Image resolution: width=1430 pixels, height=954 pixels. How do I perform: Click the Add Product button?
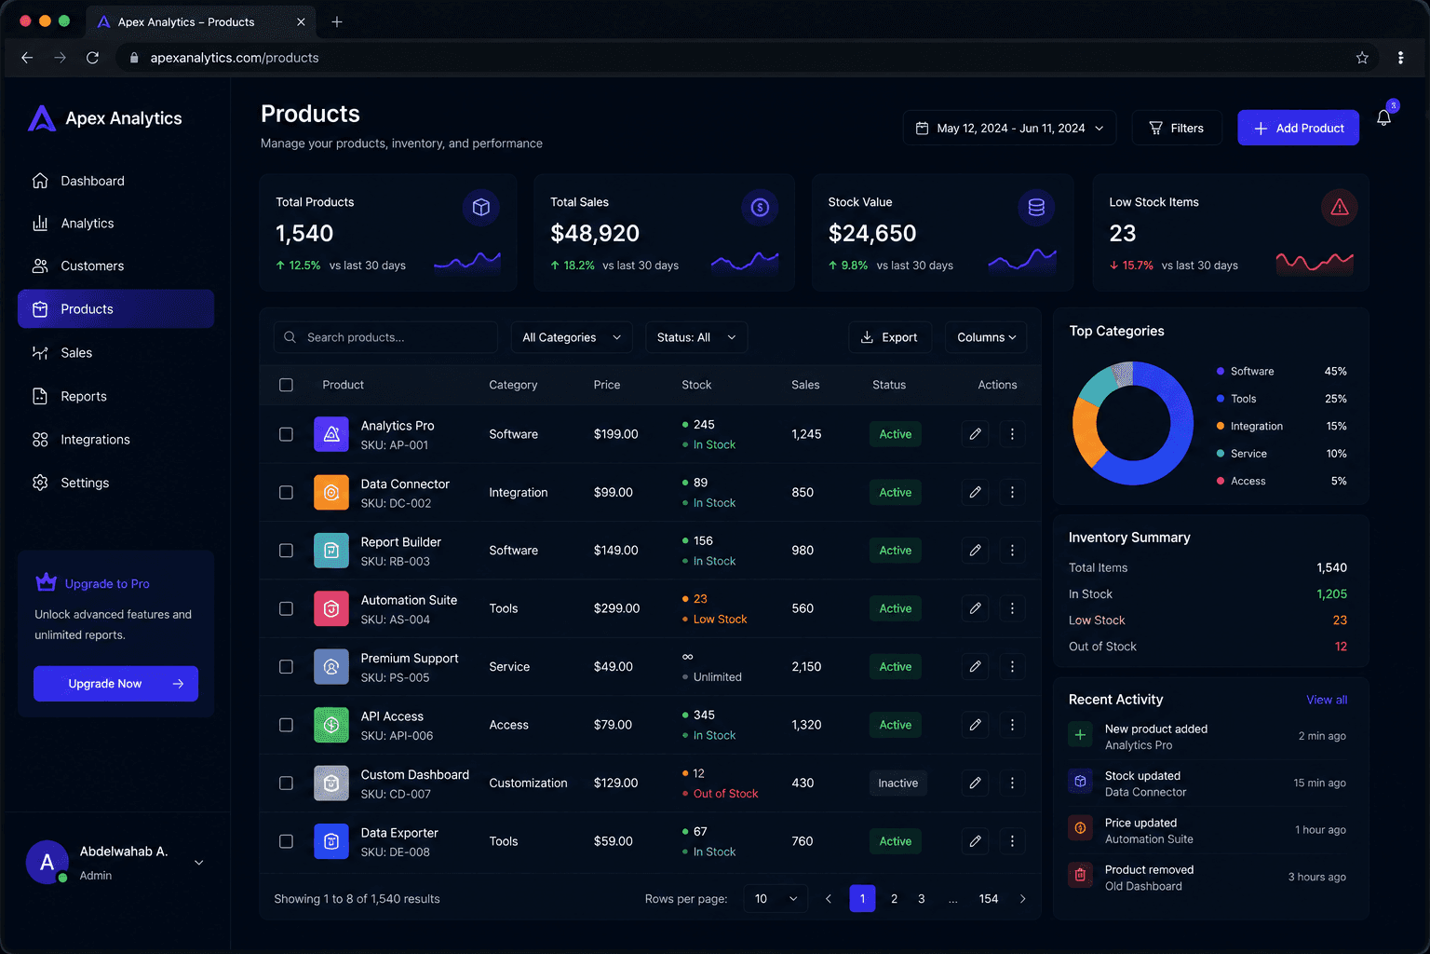click(x=1298, y=128)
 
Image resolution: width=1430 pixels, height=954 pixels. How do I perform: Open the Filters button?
click(x=1177, y=128)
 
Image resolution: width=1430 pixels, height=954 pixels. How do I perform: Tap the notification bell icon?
click(x=1383, y=118)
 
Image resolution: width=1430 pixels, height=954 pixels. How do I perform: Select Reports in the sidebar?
click(x=84, y=396)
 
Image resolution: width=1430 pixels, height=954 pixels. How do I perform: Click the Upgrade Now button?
click(x=115, y=684)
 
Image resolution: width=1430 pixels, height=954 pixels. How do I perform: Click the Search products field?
click(x=385, y=337)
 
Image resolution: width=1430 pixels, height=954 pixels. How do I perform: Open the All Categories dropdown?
click(x=572, y=337)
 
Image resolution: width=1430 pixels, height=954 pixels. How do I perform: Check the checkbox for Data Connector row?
click(x=286, y=493)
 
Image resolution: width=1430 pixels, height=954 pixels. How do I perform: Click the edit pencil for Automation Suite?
click(x=975, y=608)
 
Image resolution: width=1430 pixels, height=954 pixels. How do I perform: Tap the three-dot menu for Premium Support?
click(x=1012, y=666)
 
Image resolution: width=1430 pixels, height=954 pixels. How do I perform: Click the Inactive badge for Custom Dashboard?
click(x=897, y=783)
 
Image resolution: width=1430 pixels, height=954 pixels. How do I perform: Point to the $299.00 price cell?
click(x=616, y=608)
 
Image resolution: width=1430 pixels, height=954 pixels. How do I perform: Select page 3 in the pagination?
click(x=921, y=898)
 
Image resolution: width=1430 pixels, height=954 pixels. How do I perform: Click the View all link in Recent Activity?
click(x=1327, y=700)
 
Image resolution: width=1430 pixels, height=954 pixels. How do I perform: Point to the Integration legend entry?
click(x=1249, y=426)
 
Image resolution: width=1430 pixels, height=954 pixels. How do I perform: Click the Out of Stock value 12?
click(x=1341, y=647)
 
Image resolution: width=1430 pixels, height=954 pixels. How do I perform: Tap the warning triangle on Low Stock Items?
click(x=1340, y=207)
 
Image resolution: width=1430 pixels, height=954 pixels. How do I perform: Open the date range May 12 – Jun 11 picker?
click(x=1009, y=128)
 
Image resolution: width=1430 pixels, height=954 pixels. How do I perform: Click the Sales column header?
click(x=805, y=385)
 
